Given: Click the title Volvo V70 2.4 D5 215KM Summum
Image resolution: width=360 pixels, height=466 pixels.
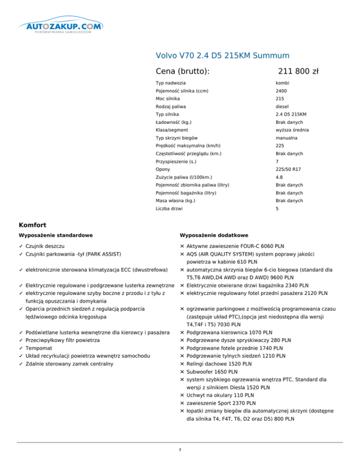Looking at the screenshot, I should [x=222, y=56].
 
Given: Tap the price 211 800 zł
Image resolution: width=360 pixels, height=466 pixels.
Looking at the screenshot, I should [x=298, y=71].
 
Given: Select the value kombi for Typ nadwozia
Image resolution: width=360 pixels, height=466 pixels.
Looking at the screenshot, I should [x=283, y=83].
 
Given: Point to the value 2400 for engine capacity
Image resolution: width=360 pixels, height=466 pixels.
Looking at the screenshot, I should [x=282, y=91].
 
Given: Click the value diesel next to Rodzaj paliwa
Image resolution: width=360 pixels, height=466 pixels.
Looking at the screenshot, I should [x=283, y=106].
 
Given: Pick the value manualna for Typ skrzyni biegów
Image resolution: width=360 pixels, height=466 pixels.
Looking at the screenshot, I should [x=287, y=138].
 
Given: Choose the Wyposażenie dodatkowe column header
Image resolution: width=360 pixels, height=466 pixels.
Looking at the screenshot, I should [x=214, y=235].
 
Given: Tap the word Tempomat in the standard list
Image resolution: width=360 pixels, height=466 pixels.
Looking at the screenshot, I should [x=39, y=349].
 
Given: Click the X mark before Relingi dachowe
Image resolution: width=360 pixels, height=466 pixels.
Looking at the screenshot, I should [x=182, y=364].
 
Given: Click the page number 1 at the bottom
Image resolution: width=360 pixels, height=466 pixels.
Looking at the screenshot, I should [x=180, y=451].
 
